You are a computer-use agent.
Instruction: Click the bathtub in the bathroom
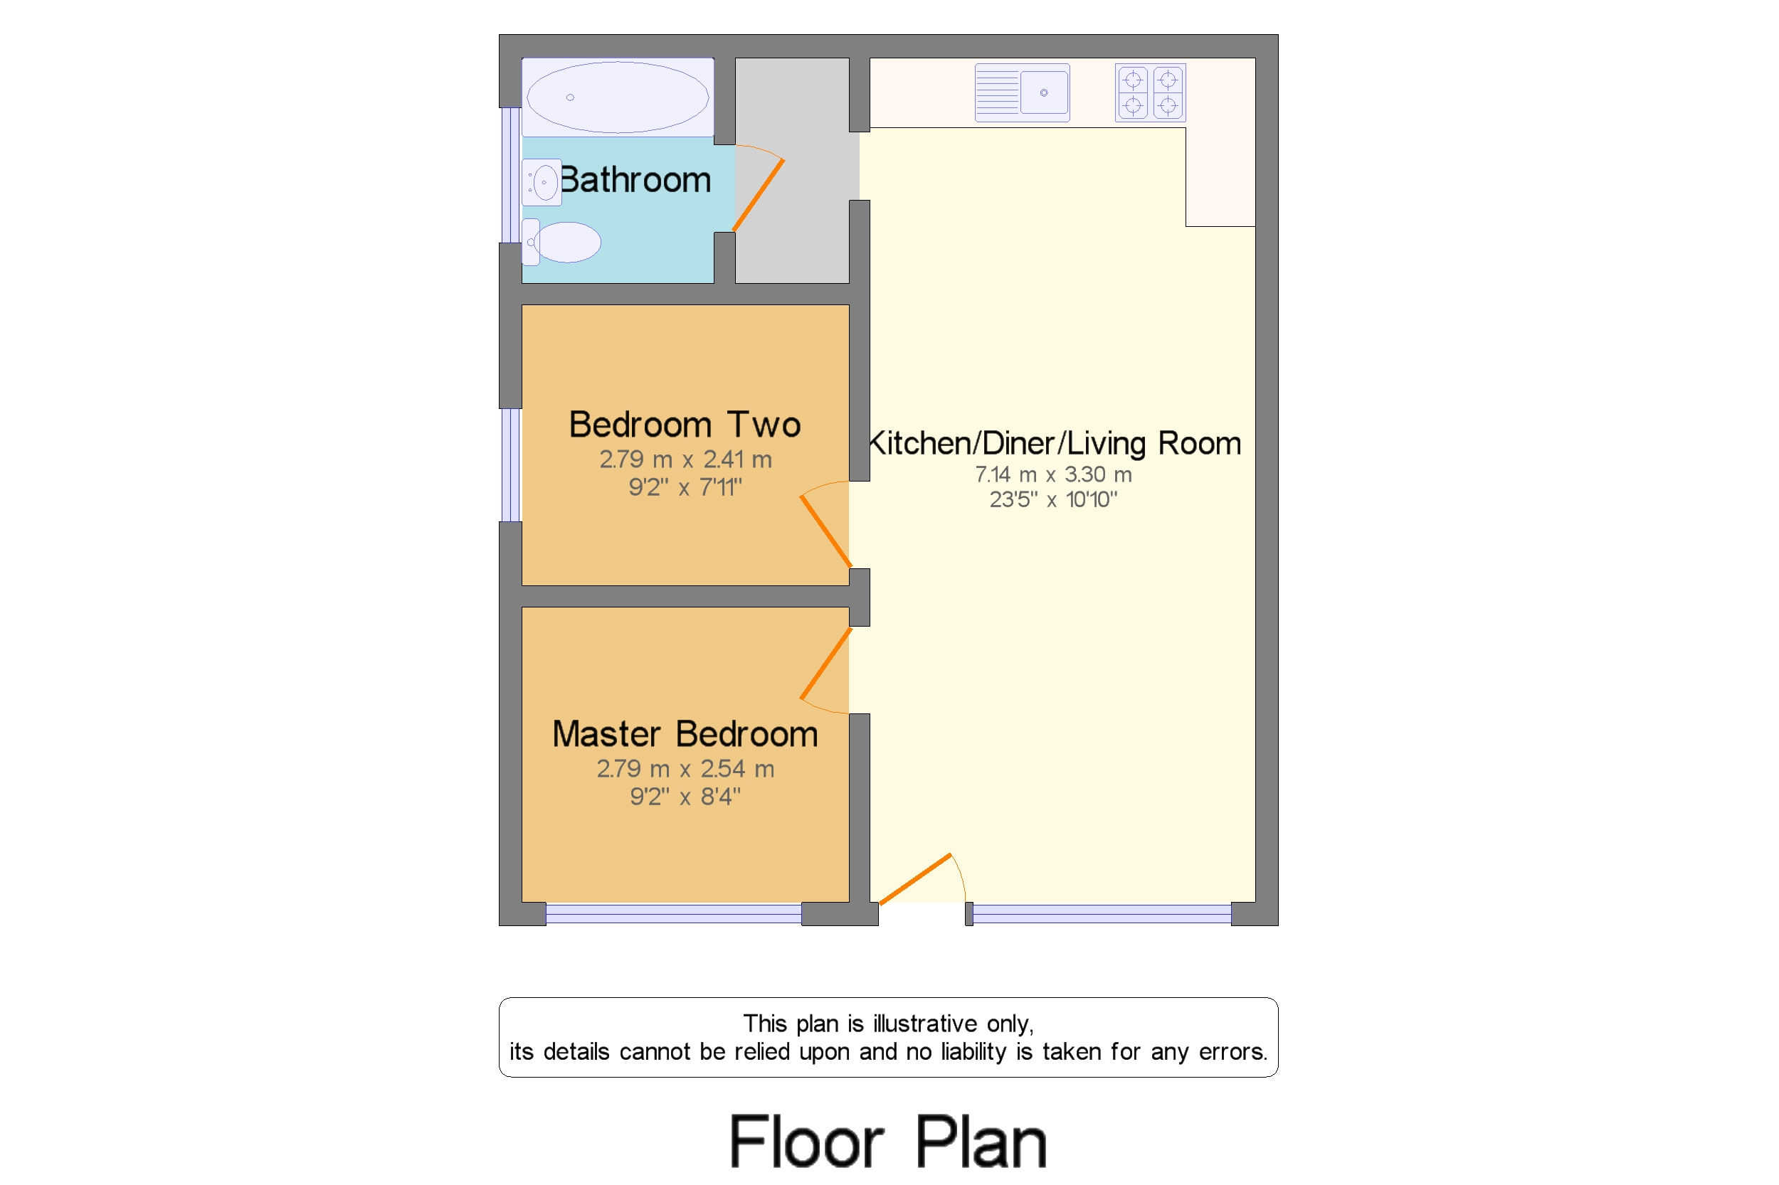pos(617,97)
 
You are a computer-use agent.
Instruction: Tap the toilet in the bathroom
pos(564,242)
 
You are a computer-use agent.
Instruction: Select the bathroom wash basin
pos(542,182)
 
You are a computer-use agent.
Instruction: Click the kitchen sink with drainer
pos(1021,92)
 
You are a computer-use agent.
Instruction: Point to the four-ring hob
pos(1149,92)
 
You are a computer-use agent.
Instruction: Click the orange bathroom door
pos(759,195)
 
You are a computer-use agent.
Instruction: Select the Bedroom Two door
pos(825,531)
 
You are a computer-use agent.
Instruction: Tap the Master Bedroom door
pos(825,664)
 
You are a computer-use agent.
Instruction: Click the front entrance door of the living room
pos(915,878)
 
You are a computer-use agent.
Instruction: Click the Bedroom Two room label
pos(685,424)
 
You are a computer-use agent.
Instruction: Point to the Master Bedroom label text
pos(685,734)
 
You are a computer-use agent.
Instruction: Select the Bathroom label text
pos(635,180)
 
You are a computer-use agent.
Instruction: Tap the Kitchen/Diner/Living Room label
pos(1054,443)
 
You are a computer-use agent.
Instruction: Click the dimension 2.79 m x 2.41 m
pos(685,459)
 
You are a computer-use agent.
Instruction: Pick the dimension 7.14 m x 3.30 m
pos(1052,474)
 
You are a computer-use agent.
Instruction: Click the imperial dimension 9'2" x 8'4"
pos(685,796)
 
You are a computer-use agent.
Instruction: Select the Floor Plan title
pos(887,1141)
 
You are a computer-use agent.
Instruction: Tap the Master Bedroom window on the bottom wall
pos(673,915)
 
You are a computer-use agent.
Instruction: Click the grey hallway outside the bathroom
pos(791,227)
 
